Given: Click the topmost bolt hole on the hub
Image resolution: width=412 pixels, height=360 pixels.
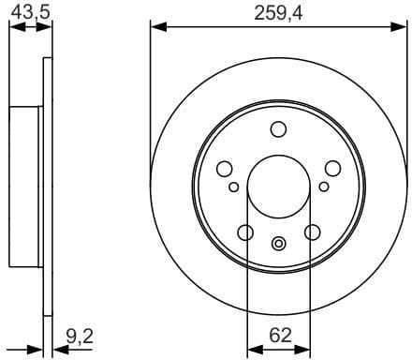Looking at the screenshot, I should point(278,129).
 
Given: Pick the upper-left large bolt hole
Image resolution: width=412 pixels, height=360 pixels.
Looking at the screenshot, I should point(224,169).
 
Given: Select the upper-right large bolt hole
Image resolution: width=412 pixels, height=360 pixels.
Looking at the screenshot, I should point(332,169).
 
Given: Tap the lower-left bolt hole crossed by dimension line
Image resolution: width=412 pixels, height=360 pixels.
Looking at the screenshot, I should point(245,232).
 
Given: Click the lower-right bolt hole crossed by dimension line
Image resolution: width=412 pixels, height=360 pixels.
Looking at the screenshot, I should point(311,232).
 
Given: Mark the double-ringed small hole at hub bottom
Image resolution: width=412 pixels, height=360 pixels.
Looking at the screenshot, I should point(278,245).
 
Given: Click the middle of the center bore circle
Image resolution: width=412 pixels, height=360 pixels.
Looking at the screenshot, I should point(278,187).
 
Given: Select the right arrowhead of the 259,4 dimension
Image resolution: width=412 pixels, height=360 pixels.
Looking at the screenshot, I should point(401,26).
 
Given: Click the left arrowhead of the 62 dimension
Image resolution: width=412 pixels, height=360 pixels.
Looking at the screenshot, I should point(250,349).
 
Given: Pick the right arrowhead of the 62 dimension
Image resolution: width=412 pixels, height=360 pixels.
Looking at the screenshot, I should point(306,349).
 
